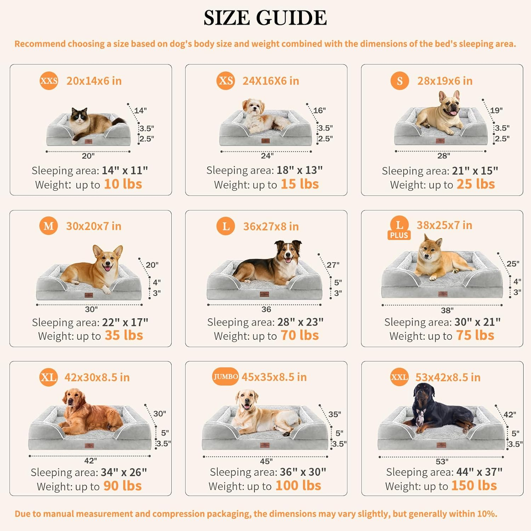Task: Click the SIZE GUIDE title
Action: [x=265, y=18]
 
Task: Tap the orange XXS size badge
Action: [x=48, y=81]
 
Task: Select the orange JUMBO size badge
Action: [x=225, y=377]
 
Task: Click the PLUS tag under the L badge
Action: [x=399, y=235]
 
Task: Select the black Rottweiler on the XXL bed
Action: [x=439, y=411]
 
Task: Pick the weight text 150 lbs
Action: [x=474, y=486]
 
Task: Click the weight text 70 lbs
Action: [x=299, y=335]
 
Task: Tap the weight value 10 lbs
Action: [x=123, y=184]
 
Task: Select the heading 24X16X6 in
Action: [x=270, y=81]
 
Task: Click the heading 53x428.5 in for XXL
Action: [x=448, y=377]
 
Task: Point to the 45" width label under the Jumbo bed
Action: [x=266, y=461]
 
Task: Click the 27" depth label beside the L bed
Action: [x=333, y=265]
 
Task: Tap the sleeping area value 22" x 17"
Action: [x=125, y=322]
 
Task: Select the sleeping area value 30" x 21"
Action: [x=477, y=322]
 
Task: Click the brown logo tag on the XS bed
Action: [x=265, y=141]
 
